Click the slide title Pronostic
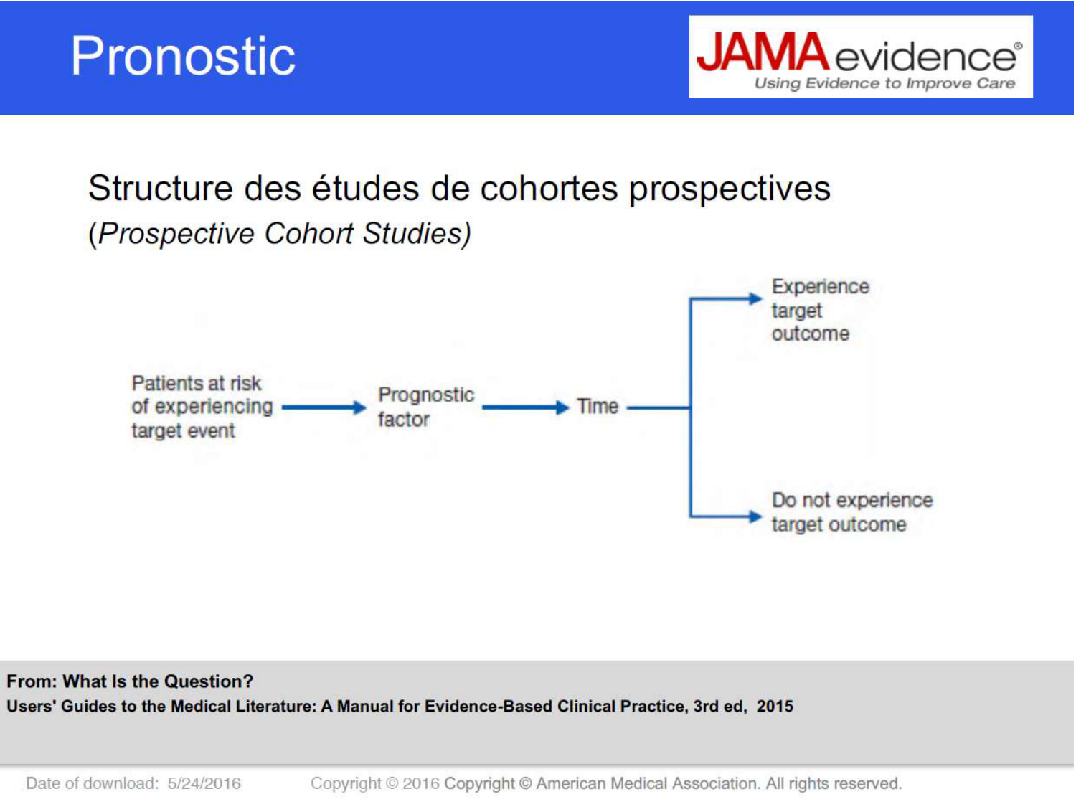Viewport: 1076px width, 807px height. coord(184,57)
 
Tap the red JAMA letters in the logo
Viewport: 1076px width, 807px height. coord(763,52)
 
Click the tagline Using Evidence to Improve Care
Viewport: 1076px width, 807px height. coord(884,83)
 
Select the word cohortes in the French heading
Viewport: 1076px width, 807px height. coord(549,189)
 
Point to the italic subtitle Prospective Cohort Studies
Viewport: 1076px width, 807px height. coord(280,234)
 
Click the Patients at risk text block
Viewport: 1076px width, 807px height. coord(202,407)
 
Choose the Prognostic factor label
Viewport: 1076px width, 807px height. coord(426,407)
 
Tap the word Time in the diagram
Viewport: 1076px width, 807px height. coord(598,406)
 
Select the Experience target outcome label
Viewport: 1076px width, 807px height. coord(820,310)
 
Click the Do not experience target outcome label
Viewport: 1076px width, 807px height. coord(852,512)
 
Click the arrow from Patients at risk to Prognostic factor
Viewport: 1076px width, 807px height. coord(324,407)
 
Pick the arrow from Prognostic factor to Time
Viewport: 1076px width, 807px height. coord(526,407)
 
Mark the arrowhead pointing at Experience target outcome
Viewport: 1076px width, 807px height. coord(755,298)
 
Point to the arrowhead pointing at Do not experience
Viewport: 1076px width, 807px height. coord(755,516)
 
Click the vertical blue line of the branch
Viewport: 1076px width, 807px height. coord(691,407)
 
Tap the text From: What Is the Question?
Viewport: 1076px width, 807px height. coord(130,681)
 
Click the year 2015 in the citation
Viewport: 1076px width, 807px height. coord(775,706)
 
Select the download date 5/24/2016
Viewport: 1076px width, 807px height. coord(204,783)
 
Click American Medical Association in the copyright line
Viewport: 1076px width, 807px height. coord(647,783)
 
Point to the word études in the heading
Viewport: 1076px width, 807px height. coord(365,189)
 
